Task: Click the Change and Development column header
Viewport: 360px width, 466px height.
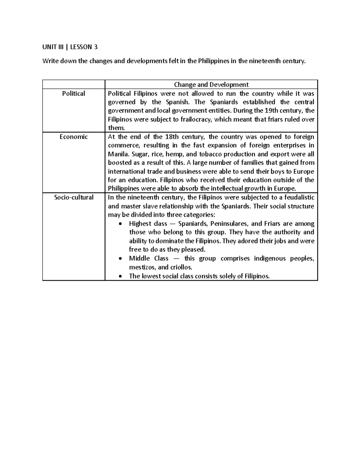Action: tap(211, 85)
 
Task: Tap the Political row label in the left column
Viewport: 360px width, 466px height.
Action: tap(73, 93)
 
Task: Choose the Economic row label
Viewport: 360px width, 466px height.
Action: tap(73, 137)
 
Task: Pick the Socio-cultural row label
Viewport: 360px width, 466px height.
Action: tap(73, 197)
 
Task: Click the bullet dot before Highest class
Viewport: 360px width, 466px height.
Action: tap(121, 224)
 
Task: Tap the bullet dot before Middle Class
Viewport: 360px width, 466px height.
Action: tap(121, 259)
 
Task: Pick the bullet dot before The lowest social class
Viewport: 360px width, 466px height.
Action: tap(121, 276)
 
